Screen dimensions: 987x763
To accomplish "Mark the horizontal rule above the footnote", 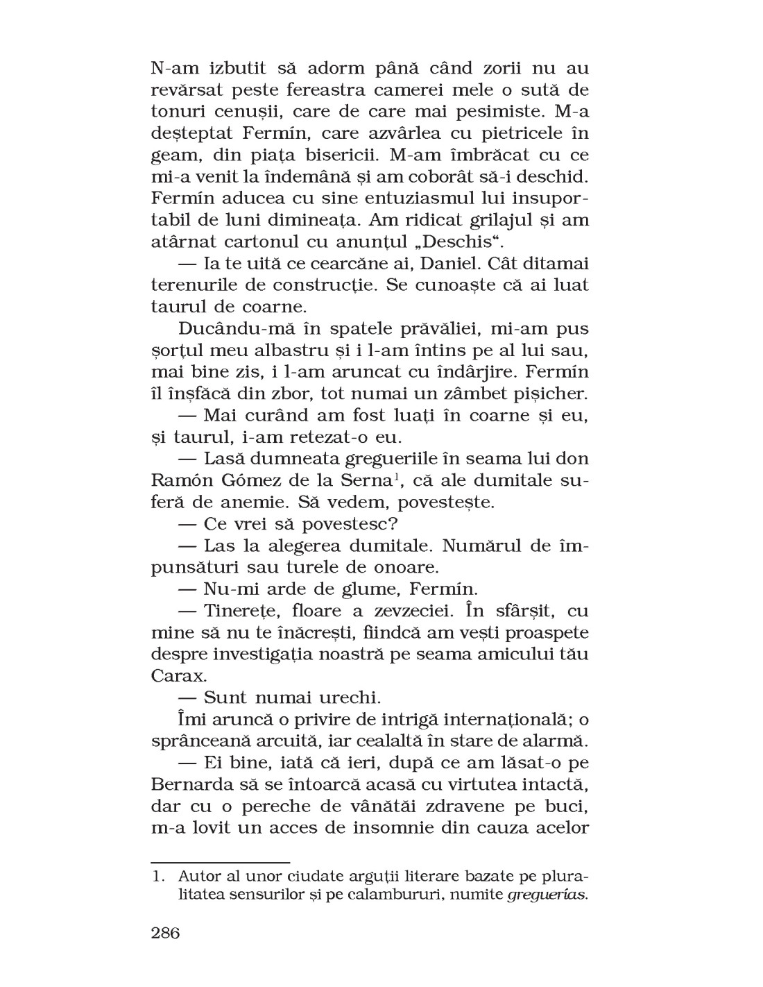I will point(221,861).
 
